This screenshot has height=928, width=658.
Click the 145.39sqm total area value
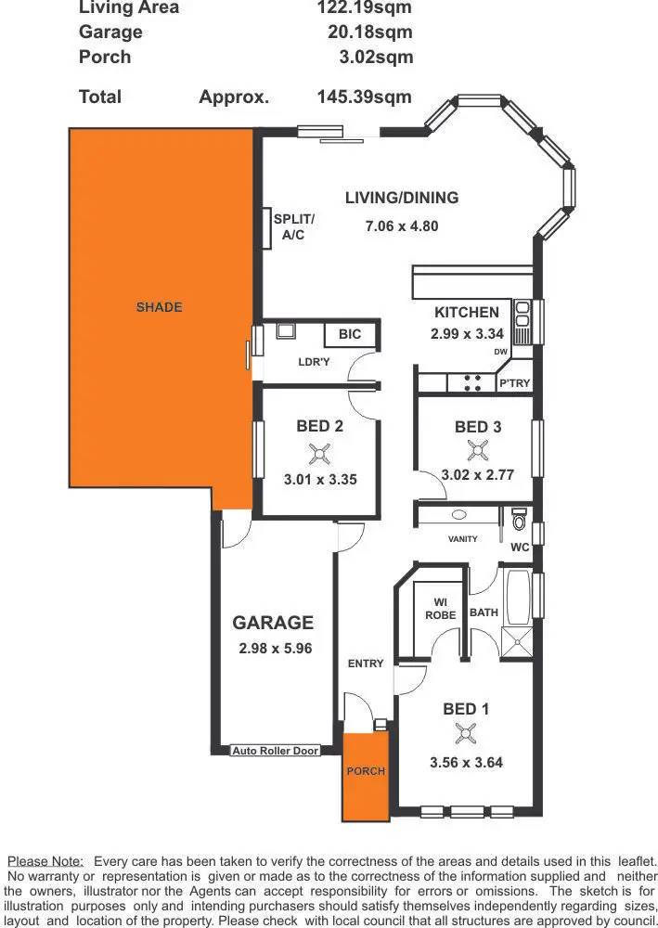364,97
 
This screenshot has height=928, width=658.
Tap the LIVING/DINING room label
401,198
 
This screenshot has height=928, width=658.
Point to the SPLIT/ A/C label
293,227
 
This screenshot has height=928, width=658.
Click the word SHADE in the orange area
160,307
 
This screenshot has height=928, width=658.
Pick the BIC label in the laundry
350,335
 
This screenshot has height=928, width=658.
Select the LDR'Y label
314,362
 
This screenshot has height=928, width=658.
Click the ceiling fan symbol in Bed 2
320,454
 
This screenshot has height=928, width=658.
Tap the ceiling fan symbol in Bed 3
479,451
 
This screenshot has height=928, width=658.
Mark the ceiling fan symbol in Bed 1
465,735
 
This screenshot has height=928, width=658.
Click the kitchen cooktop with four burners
471,382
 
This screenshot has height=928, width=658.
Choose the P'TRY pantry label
514,383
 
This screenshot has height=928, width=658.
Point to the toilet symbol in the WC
519,516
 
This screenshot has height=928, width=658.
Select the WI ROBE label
440,609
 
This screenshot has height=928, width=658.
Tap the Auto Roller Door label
275,751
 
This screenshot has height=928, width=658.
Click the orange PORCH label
366,771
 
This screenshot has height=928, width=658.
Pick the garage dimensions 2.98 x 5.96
275,648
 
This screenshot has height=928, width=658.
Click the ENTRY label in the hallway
366,664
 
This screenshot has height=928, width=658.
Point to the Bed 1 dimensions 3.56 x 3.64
466,764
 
